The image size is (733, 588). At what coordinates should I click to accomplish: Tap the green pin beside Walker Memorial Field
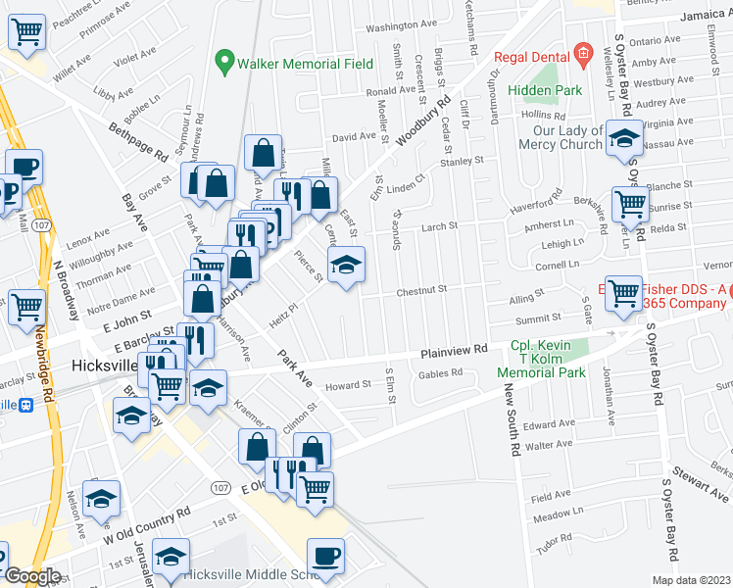click(x=225, y=64)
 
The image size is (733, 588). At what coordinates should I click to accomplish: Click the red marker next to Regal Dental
click(x=582, y=55)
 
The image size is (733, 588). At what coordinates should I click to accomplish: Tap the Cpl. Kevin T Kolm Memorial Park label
click(x=547, y=360)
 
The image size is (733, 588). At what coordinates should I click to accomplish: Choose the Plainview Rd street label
click(x=454, y=351)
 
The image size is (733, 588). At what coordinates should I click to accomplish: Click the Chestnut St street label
click(x=421, y=290)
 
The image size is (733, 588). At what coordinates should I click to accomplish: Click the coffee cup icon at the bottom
click(x=326, y=556)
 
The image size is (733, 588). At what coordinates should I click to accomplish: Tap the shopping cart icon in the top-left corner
click(x=26, y=33)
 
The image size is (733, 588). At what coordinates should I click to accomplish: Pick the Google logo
click(x=31, y=576)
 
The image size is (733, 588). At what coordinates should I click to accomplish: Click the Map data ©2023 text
click(x=691, y=580)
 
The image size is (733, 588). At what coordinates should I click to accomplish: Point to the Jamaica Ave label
click(x=701, y=16)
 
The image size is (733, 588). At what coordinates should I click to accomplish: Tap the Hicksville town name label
click(x=106, y=366)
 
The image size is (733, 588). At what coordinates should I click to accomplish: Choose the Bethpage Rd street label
click(x=138, y=141)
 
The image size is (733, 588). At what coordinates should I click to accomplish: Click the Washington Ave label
click(x=402, y=25)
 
